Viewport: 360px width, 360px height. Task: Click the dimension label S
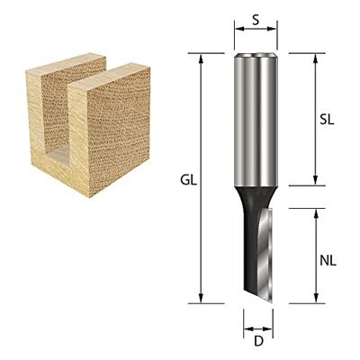[256, 17]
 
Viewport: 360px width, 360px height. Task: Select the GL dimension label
[187, 179]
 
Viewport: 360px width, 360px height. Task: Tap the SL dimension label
[328, 120]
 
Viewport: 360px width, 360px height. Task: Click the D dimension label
[257, 341]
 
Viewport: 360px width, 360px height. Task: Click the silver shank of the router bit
[256, 117]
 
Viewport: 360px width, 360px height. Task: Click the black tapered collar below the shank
[256, 193]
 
